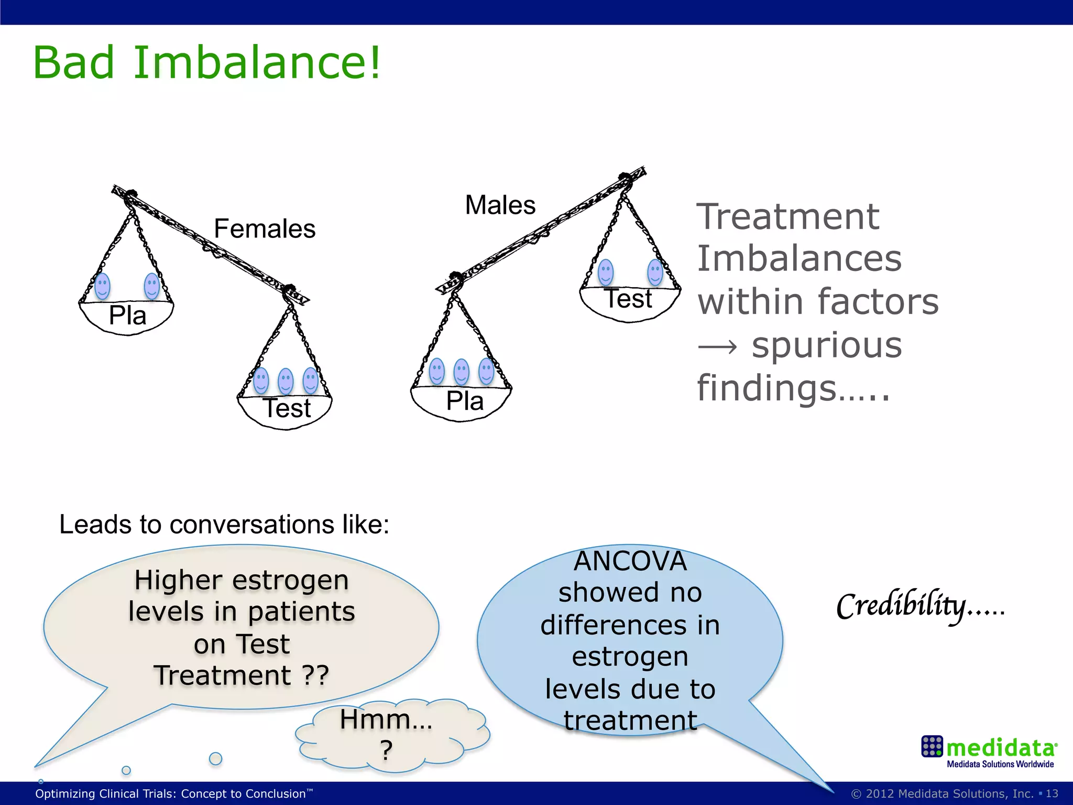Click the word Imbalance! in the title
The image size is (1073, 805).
pos(257,63)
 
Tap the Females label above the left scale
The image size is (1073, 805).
pos(265,229)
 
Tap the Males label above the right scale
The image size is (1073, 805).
pos(500,205)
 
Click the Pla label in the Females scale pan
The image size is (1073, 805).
pos(127,316)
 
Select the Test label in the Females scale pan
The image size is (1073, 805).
pos(287,408)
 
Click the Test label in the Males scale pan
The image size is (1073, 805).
pos(629,299)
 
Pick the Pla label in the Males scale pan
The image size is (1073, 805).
pos(465,401)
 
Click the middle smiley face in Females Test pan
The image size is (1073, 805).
pos(286,381)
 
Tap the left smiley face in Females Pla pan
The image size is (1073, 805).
pos(102,286)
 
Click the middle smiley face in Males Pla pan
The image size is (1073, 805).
pos(462,372)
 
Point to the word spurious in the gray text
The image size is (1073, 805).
pos(827,346)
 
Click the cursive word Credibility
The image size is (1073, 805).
pos(901,606)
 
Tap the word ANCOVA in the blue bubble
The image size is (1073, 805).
pos(630,562)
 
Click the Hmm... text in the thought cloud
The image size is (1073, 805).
pos(386,720)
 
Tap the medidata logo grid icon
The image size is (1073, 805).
pos(932,746)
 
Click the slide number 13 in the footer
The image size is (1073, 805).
pos(1052,793)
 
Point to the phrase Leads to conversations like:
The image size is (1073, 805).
pos(224,525)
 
